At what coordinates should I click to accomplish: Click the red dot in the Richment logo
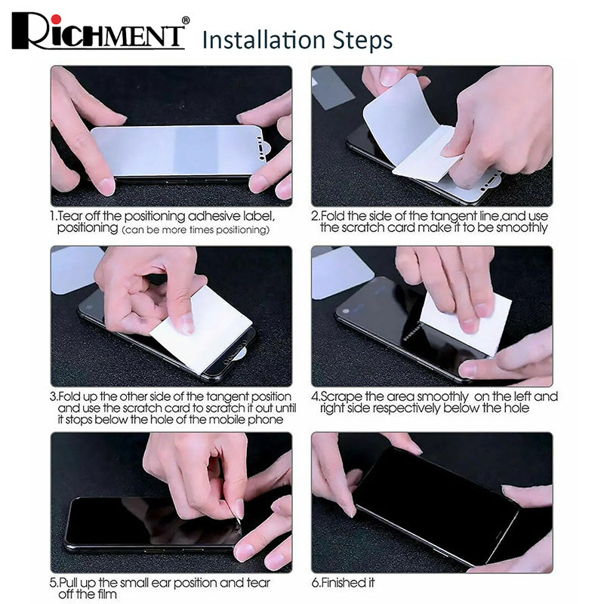point(57,20)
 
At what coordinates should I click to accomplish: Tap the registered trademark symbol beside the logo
point(185,20)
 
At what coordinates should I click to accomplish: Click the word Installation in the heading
point(264,40)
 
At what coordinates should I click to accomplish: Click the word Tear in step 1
point(70,216)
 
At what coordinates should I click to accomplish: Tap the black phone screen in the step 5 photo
point(150,520)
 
